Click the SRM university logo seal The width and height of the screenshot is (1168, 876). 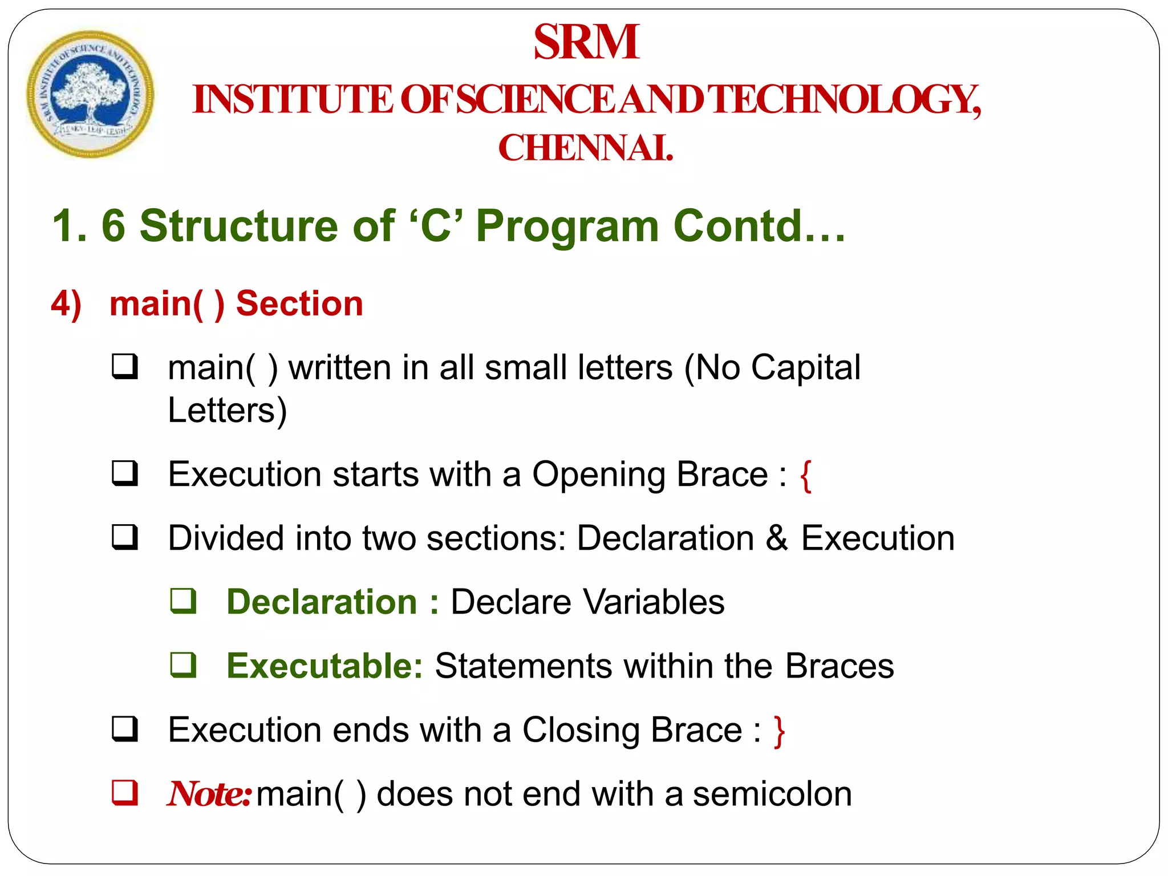[x=90, y=94]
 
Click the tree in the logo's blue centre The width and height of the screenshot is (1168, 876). [x=88, y=91]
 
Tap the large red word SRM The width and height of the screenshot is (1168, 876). [x=586, y=42]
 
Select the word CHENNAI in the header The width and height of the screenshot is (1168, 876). [x=585, y=148]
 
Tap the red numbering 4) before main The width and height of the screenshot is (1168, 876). [x=66, y=303]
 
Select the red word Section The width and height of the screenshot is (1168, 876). [x=299, y=303]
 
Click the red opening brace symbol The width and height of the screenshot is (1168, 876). [x=805, y=476]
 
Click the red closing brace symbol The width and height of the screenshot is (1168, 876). [x=779, y=731]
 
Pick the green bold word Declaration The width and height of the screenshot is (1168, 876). [x=322, y=602]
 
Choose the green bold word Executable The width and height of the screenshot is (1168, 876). [x=324, y=666]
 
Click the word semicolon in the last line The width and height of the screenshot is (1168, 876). [x=772, y=794]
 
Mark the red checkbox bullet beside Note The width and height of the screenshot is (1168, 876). [x=125, y=792]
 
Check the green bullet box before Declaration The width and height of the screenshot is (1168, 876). [x=184, y=601]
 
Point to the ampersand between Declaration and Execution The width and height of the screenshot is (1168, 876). [x=777, y=538]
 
